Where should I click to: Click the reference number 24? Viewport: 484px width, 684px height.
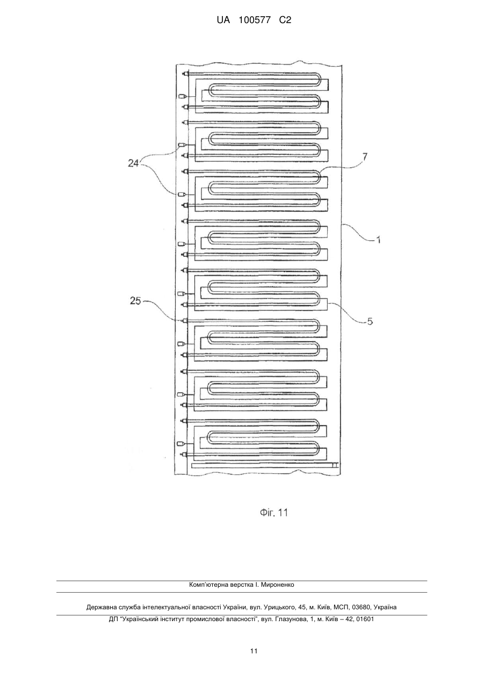[133, 164]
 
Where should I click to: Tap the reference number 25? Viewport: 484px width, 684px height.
[135, 301]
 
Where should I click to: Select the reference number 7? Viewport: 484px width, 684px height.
[365, 157]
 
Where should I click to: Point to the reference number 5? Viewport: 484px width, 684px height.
[370, 321]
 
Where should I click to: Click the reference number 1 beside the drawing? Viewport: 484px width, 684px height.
[378, 240]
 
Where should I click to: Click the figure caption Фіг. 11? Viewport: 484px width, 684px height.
[274, 513]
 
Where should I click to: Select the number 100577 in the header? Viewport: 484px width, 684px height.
[255, 20]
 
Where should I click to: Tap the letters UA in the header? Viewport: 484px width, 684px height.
[223, 20]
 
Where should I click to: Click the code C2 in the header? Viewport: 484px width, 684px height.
[285, 20]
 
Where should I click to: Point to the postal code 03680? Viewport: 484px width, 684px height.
[360, 607]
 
